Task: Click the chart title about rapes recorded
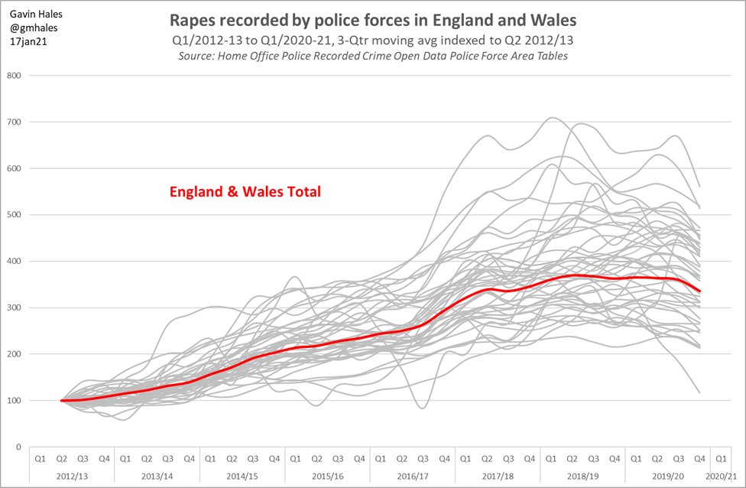click(373, 18)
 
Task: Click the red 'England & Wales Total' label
click(245, 192)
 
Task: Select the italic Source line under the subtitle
click(373, 57)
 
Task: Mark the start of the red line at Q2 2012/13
click(61, 400)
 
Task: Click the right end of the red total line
click(699, 291)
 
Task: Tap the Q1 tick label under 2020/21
click(720, 458)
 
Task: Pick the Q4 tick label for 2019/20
click(699, 458)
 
